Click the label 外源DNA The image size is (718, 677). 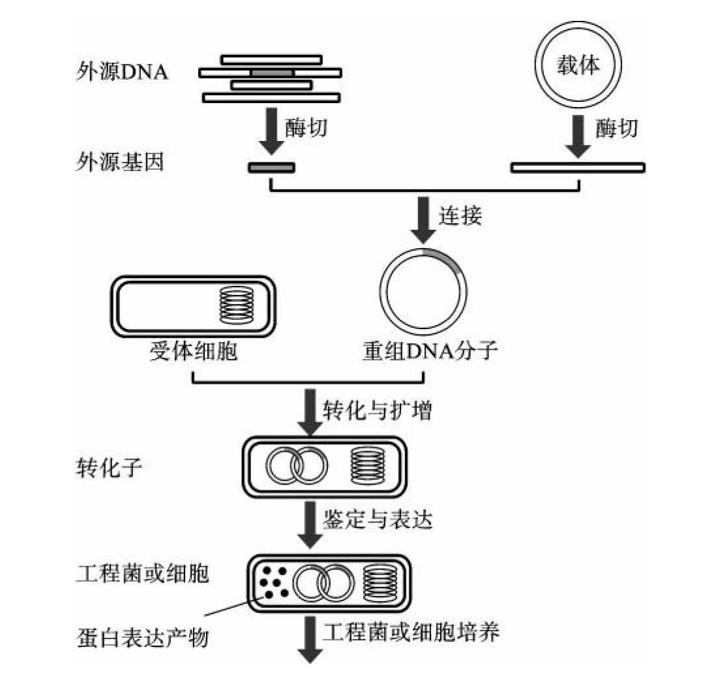[x=121, y=71]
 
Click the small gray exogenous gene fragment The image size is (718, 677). [x=271, y=168]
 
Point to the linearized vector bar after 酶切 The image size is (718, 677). [x=578, y=168]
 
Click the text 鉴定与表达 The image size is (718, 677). [x=376, y=520]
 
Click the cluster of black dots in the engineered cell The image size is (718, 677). [x=274, y=581]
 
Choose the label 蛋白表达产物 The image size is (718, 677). [x=142, y=637]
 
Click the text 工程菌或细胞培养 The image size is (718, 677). [x=411, y=631]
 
